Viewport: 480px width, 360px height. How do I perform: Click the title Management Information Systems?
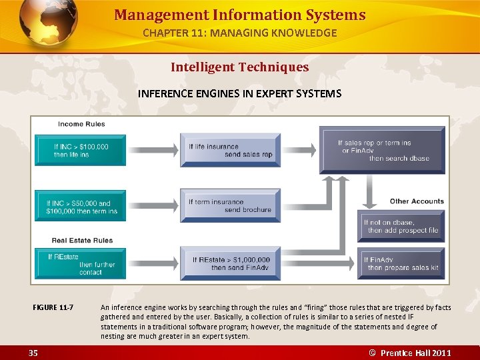pyautogui.click(x=239, y=15)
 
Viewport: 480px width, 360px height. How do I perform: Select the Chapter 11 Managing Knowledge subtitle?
pyautogui.click(x=239, y=33)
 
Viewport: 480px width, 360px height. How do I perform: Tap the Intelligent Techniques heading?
pyautogui.click(x=239, y=67)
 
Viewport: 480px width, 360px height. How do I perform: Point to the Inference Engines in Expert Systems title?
pyautogui.click(x=239, y=93)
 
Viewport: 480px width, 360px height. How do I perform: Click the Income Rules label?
pyautogui.click(x=81, y=124)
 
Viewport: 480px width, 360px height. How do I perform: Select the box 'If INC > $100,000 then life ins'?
pyautogui.click(x=80, y=150)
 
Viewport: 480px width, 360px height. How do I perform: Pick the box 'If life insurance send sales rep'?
pyautogui.click(x=230, y=150)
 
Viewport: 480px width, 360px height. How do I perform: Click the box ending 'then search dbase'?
pyautogui.click(x=383, y=150)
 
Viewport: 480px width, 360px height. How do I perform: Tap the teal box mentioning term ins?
pyautogui.click(x=80, y=207)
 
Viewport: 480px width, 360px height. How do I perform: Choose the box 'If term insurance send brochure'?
pyautogui.click(x=230, y=205)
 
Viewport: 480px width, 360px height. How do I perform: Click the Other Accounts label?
pyautogui.click(x=417, y=201)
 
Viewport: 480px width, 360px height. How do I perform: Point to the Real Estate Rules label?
pyautogui.click(x=82, y=240)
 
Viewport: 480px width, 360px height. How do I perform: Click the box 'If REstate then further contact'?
pyautogui.click(x=80, y=264)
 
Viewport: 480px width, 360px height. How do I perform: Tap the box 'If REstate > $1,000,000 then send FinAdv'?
pyautogui.click(x=230, y=263)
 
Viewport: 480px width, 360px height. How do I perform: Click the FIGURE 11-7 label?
pyautogui.click(x=53, y=307)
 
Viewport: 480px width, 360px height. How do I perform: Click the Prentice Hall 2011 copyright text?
pyautogui.click(x=411, y=353)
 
